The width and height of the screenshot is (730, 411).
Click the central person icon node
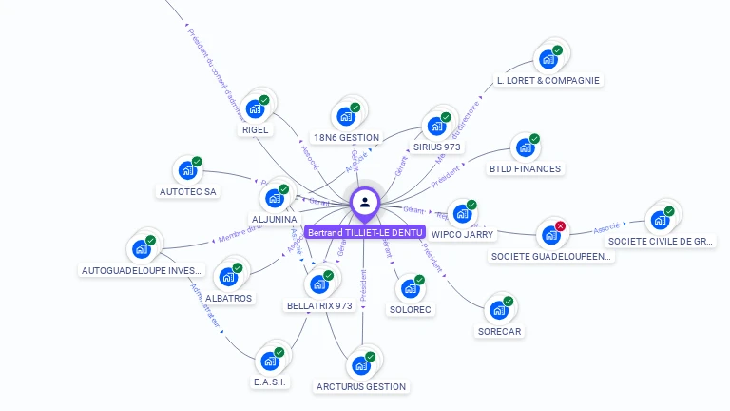[365, 202]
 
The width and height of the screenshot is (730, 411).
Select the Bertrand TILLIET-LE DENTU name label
[365, 232]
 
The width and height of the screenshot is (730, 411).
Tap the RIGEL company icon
[255, 108]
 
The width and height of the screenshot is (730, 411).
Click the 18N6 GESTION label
[346, 138]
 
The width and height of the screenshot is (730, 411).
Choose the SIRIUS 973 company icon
[436, 126]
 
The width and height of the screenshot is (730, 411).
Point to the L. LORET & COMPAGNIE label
[548, 81]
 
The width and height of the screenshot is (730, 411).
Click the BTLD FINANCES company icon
[525, 148]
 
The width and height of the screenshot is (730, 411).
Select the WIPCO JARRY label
[462, 234]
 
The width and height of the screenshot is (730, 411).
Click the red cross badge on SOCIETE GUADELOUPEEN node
[560, 226]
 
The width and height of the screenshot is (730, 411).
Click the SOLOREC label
[411, 310]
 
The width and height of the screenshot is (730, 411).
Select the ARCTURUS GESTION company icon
[360, 365]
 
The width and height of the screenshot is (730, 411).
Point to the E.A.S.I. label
[270, 382]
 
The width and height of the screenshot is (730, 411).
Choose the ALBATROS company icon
[228, 277]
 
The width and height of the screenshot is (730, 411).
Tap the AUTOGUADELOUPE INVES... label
[142, 270]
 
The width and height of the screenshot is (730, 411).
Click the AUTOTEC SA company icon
[187, 171]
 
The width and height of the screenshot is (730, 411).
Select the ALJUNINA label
[275, 220]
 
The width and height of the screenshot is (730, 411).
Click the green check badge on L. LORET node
[558, 50]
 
